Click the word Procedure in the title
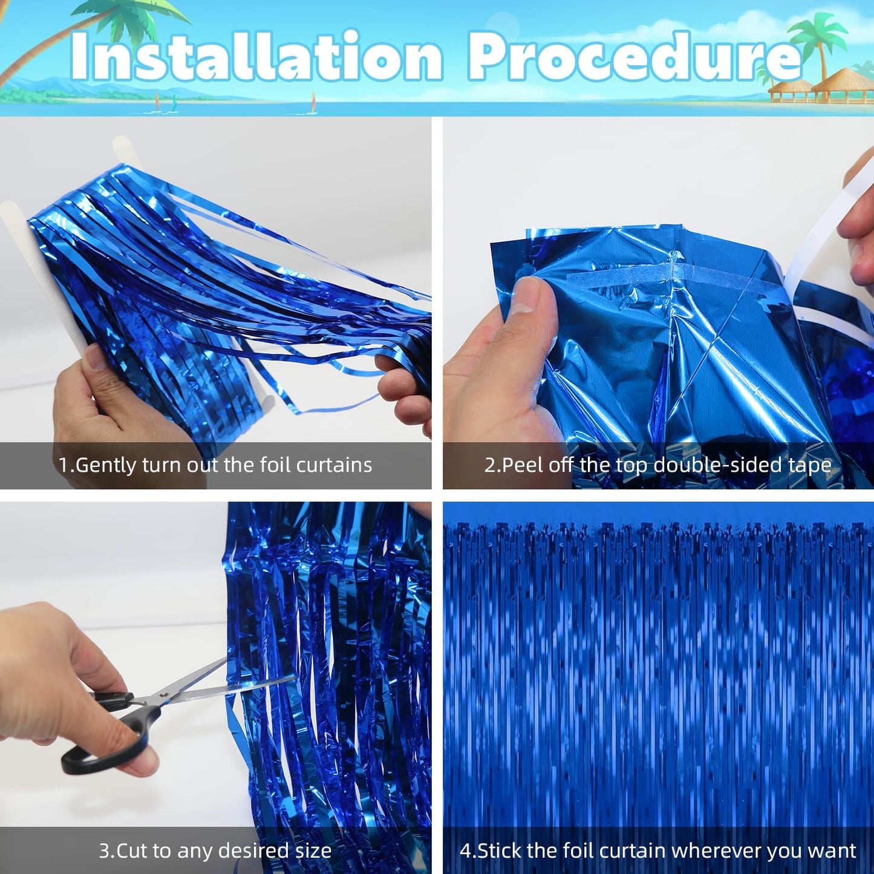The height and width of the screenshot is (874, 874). click(634, 57)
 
